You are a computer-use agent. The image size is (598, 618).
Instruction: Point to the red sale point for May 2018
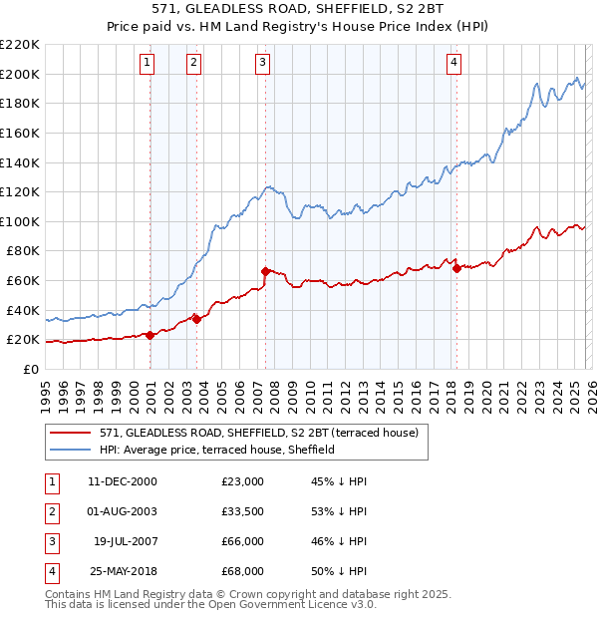456,268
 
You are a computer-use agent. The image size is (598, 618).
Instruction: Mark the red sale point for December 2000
150,335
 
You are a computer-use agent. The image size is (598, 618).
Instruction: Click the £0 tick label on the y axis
30,369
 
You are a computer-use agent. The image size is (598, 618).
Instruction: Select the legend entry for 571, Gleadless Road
263,433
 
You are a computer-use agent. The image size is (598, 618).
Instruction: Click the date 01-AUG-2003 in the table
123,512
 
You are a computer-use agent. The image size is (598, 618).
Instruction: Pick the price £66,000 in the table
242,542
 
